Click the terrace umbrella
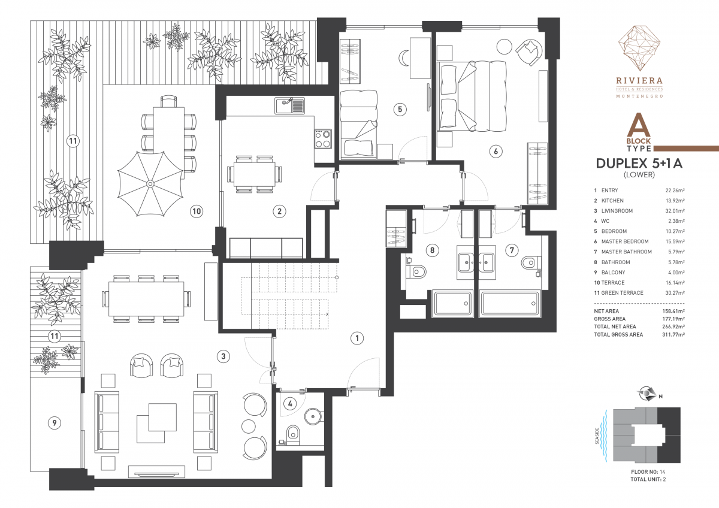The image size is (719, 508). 150,184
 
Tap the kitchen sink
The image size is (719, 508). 289,106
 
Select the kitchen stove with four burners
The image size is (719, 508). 323,138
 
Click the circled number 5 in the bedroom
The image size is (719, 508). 400,110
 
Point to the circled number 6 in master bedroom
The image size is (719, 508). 496,151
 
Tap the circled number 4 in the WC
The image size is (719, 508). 290,403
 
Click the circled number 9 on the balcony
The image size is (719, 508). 55,423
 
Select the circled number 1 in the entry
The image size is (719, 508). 357,338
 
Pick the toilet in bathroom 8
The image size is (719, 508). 416,272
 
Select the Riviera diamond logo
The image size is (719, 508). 639,53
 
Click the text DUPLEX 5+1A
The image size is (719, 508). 639,164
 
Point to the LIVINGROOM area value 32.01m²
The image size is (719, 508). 675,211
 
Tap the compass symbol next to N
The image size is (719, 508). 647,394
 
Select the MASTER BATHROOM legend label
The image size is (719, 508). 626,252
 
